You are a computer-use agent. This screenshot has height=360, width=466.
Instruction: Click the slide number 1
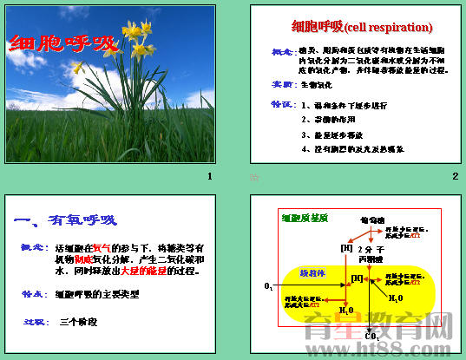208,177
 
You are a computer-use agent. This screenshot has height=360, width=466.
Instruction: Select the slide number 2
455,177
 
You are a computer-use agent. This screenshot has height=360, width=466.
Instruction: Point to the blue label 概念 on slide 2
282,52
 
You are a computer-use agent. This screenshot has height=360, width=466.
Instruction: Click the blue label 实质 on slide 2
282,86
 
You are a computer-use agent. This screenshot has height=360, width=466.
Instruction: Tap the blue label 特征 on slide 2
282,104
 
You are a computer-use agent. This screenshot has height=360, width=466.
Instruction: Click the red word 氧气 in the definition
101,248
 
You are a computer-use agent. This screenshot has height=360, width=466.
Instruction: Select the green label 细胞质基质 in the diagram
304,219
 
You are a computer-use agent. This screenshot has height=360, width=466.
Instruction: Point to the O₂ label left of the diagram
268,285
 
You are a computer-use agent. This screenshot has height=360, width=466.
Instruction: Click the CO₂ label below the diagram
371,336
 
